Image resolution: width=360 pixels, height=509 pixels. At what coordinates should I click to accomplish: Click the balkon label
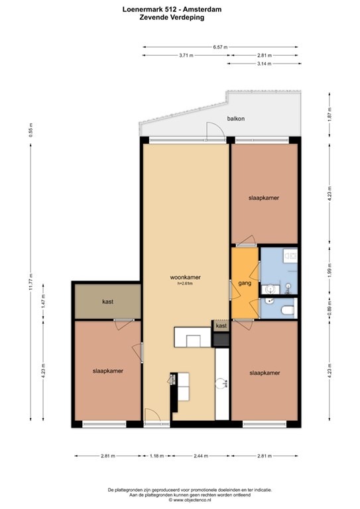pos(235,119)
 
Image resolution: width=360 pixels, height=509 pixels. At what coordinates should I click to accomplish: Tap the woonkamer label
pos(186,278)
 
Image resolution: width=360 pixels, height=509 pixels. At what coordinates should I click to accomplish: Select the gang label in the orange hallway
pos(245,284)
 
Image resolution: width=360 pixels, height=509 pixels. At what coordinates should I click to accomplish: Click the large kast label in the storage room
pos(108,302)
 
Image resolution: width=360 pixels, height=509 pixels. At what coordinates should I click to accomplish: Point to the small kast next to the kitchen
pos(221,325)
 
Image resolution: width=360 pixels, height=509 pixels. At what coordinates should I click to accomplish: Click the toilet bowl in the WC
pos(288,311)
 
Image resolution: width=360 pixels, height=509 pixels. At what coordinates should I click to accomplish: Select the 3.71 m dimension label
pos(186,55)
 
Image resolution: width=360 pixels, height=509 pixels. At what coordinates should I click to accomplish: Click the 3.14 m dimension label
pos(265,64)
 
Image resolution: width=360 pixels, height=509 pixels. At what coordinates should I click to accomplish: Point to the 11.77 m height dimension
pos(31,282)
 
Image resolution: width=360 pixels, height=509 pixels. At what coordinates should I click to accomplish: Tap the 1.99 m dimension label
pos(330,270)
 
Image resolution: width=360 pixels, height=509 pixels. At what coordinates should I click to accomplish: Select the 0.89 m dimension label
pos(330,310)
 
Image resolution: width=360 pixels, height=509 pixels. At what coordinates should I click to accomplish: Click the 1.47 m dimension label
pos(43,301)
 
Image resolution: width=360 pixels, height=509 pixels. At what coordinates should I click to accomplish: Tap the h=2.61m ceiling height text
pos(186,284)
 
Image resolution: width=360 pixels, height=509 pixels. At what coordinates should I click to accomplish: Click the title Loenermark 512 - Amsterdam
pos(172,9)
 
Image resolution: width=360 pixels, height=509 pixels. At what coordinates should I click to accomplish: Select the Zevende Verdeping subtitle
pos(172,17)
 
